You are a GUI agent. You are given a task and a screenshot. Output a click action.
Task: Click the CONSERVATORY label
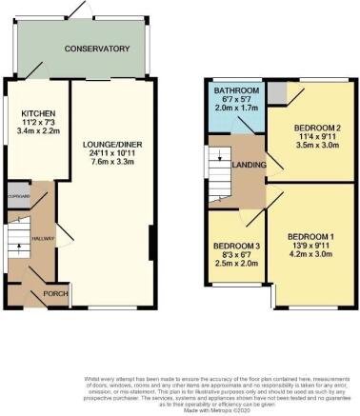[x=97, y=49]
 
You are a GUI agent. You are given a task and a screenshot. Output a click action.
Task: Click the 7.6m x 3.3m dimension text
[x=113, y=159]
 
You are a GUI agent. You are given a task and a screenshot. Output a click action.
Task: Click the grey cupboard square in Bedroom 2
[x=276, y=92]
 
